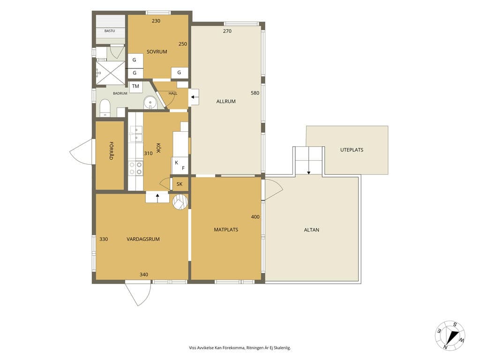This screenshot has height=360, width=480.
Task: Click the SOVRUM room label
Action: pos(157,52)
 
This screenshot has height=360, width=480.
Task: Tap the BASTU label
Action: pos(110,31)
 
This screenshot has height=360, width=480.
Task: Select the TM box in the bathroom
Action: pos(135,86)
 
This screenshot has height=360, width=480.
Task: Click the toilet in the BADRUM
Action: pos(105,107)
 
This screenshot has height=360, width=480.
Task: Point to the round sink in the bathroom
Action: pos(150,102)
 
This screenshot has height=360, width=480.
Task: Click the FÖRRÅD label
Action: pos(111,150)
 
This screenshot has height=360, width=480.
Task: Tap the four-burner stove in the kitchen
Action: pos(135,168)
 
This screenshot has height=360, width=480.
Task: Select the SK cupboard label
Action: pos(180,184)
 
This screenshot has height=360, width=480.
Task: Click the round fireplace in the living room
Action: pos(180,202)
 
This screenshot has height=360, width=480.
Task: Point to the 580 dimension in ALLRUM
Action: pos(255,93)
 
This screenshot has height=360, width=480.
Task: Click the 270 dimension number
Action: pos(227,31)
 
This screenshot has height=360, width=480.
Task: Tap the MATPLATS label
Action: pos(226,230)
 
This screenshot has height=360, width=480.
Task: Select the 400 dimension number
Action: pos(255,217)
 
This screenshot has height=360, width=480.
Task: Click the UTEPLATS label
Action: pos(352,150)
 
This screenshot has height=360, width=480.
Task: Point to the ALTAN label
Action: pos(312,230)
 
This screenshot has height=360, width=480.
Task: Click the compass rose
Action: pos(450,336)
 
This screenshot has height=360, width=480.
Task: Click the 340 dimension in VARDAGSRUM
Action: pos(143,275)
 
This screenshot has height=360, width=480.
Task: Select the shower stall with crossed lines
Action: pos(111,73)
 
